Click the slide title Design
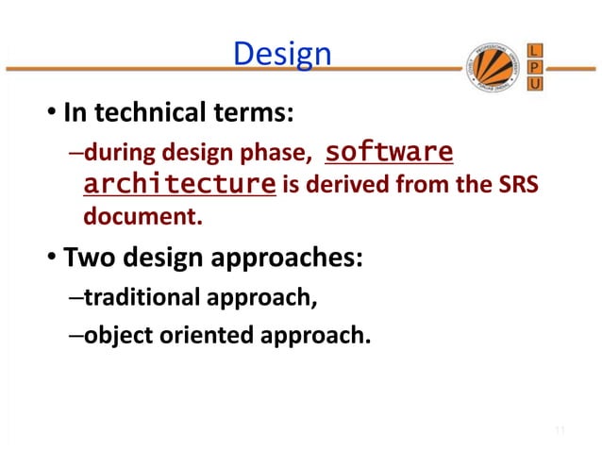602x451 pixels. coord(281,55)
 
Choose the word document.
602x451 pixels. coord(142,218)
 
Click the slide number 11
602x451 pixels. coord(559,431)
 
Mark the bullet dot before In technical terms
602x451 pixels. coord(54,116)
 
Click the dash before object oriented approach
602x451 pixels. coord(75,334)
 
